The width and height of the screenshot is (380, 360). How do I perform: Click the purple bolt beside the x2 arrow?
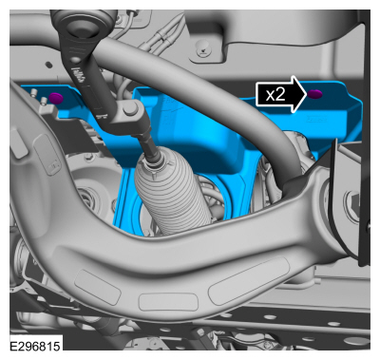(x=315, y=94)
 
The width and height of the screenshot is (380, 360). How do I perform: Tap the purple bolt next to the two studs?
(x=56, y=98)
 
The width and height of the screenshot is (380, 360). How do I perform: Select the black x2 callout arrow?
(x=281, y=94)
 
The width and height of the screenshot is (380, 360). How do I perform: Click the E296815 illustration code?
(x=35, y=346)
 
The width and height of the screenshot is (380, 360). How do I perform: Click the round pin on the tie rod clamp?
(x=131, y=109)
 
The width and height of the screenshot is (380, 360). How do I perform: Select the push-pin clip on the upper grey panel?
(x=202, y=48)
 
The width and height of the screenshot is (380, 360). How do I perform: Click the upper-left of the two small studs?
(x=33, y=93)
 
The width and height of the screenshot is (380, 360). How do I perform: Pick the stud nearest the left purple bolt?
(x=44, y=102)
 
